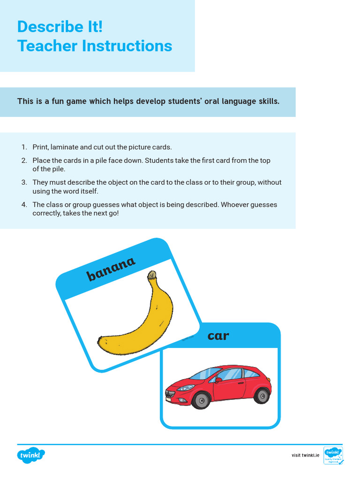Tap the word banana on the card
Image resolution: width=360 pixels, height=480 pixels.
(x=111, y=269)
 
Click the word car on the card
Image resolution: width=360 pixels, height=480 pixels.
(x=218, y=335)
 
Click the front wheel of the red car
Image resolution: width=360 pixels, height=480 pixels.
(x=202, y=400)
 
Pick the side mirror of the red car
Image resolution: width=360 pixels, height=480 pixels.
(x=218, y=380)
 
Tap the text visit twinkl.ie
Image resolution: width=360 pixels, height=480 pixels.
(x=305, y=455)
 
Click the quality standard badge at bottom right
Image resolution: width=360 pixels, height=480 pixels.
(x=333, y=455)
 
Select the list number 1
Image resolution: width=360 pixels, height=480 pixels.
(x=23, y=147)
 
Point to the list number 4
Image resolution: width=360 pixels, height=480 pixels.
(x=23, y=205)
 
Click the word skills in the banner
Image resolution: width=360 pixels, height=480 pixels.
(x=269, y=101)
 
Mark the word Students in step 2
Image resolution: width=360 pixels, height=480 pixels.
(x=160, y=160)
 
